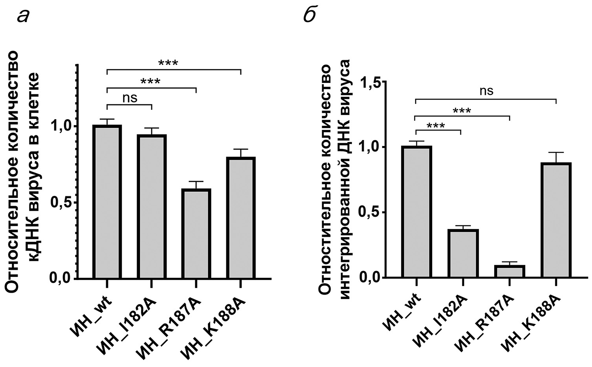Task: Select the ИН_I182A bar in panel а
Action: (152, 207)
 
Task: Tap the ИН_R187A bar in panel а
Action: (196, 234)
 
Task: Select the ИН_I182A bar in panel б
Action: (464, 253)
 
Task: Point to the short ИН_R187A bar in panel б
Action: (510, 271)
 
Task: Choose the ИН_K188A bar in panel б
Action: (556, 220)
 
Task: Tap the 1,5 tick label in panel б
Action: (371, 82)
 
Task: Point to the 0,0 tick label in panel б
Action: (371, 278)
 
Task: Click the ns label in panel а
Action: (130, 98)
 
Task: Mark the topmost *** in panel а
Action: (168, 63)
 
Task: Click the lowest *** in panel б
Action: (436, 126)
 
